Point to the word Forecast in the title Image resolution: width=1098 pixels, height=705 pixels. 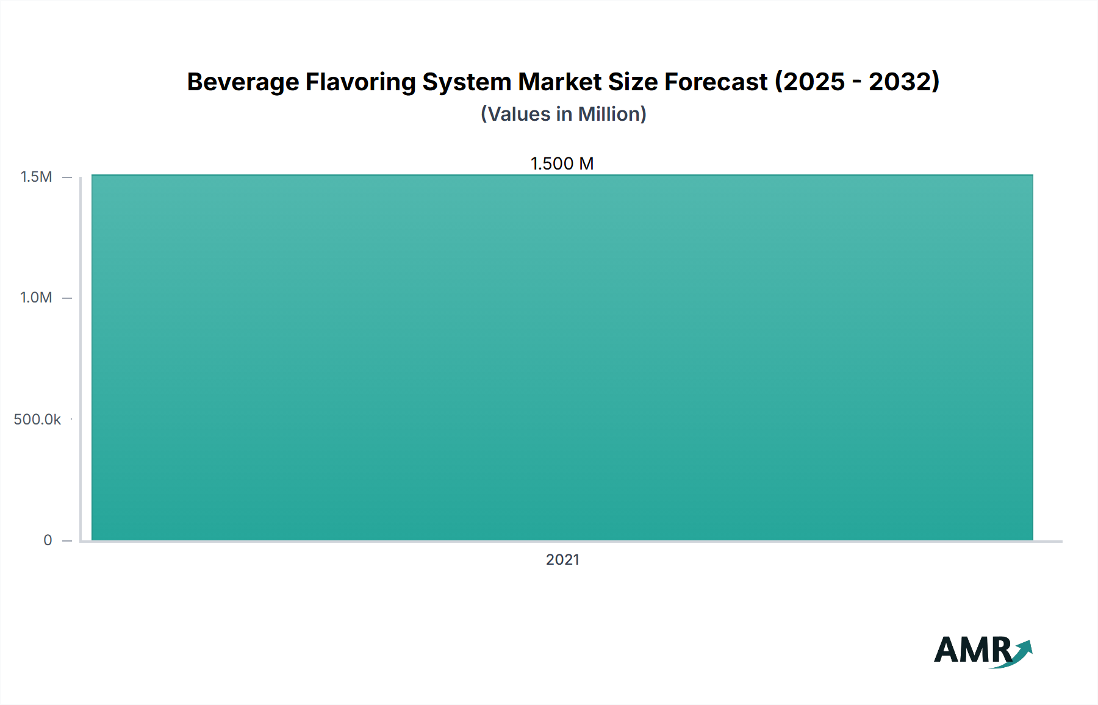point(716,82)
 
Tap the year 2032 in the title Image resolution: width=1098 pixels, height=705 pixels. point(900,82)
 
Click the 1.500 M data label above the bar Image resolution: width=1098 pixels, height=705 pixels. point(562,163)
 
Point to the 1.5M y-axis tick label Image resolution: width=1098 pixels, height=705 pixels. point(37,177)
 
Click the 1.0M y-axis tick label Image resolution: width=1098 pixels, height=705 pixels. point(37,298)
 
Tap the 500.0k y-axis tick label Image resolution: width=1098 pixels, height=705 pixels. point(37,420)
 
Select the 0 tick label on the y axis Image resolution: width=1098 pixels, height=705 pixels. point(48,540)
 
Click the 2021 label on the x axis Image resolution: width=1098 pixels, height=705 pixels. point(562,560)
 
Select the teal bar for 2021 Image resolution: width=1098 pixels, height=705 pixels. point(562,357)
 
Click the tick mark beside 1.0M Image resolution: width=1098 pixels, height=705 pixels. point(67,298)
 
